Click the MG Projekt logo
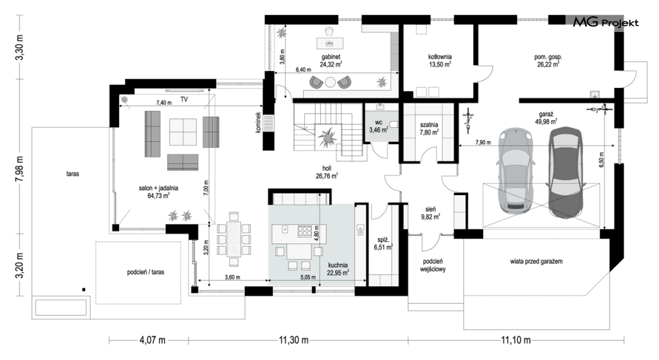pyautogui.click(x=606, y=23)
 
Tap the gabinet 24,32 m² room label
pyautogui.click(x=331, y=60)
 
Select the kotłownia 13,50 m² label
pyautogui.click(x=439, y=60)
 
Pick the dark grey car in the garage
pyautogui.click(x=565, y=172)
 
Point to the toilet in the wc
pyautogui.click(x=394, y=125)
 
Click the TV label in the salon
pyautogui.click(x=184, y=100)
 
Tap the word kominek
pyautogui.click(x=258, y=123)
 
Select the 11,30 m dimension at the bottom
pyautogui.click(x=294, y=340)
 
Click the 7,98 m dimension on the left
pyautogui.click(x=19, y=169)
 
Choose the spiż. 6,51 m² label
pyautogui.click(x=383, y=243)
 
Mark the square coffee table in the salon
pyautogui.click(x=183, y=132)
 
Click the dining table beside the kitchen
pyautogui.click(x=233, y=240)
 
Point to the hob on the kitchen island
pyautogui.click(x=304, y=231)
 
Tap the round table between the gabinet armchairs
pyautogui.click(x=330, y=82)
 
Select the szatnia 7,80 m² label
pyautogui.click(x=429, y=129)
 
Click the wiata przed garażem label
pyautogui.click(x=536, y=262)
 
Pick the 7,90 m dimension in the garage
pyautogui.click(x=483, y=142)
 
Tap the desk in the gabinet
pyautogui.click(x=329, y=43)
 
